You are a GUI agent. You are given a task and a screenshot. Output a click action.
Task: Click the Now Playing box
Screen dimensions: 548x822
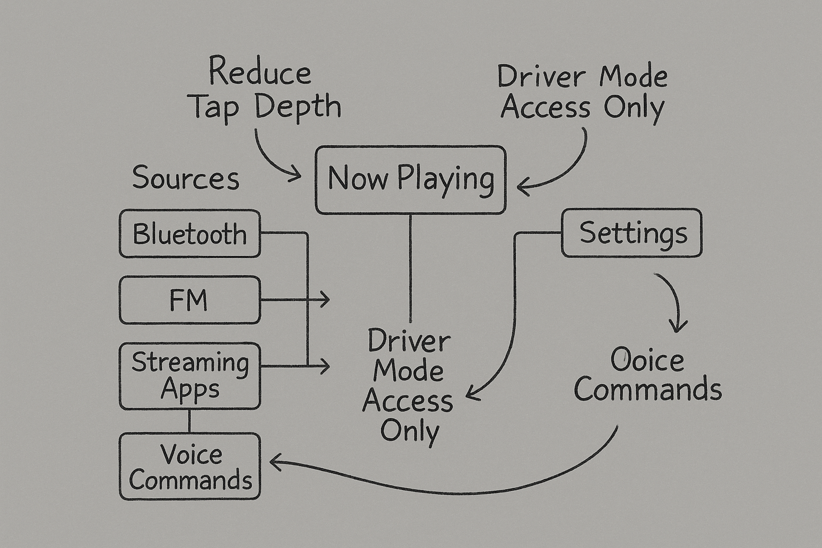coord(410,180)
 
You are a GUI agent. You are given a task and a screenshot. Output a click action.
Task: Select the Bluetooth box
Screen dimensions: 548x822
coord(190,234)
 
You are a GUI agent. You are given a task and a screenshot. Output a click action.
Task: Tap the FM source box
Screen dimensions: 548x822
coord(190,300)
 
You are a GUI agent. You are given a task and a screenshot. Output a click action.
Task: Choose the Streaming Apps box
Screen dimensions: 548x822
coord(190,376)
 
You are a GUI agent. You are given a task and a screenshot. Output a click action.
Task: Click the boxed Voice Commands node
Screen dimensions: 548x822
coord(190,467)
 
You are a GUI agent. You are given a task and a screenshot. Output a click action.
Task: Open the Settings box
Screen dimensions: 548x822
coord(631,233)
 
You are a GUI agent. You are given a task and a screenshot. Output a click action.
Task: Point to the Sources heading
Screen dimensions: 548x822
coord(185,178)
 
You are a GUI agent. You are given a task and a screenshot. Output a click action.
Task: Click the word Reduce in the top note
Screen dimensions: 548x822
coord(260,72)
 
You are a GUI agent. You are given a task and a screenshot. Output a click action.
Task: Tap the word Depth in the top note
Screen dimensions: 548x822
coord(298,107)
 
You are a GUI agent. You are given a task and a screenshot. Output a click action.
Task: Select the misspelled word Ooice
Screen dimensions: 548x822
coord(647,360)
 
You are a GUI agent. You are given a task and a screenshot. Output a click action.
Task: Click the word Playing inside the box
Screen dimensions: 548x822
coord(445,179)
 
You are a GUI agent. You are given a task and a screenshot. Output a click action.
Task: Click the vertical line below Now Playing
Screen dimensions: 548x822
coord(410,268)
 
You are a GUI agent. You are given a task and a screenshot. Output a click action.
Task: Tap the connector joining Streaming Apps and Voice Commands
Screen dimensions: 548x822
coord(189,421)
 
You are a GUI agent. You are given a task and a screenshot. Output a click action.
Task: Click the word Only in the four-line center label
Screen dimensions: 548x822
coord(409,431)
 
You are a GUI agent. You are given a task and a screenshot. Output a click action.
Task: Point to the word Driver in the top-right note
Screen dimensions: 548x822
coord(541,77)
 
